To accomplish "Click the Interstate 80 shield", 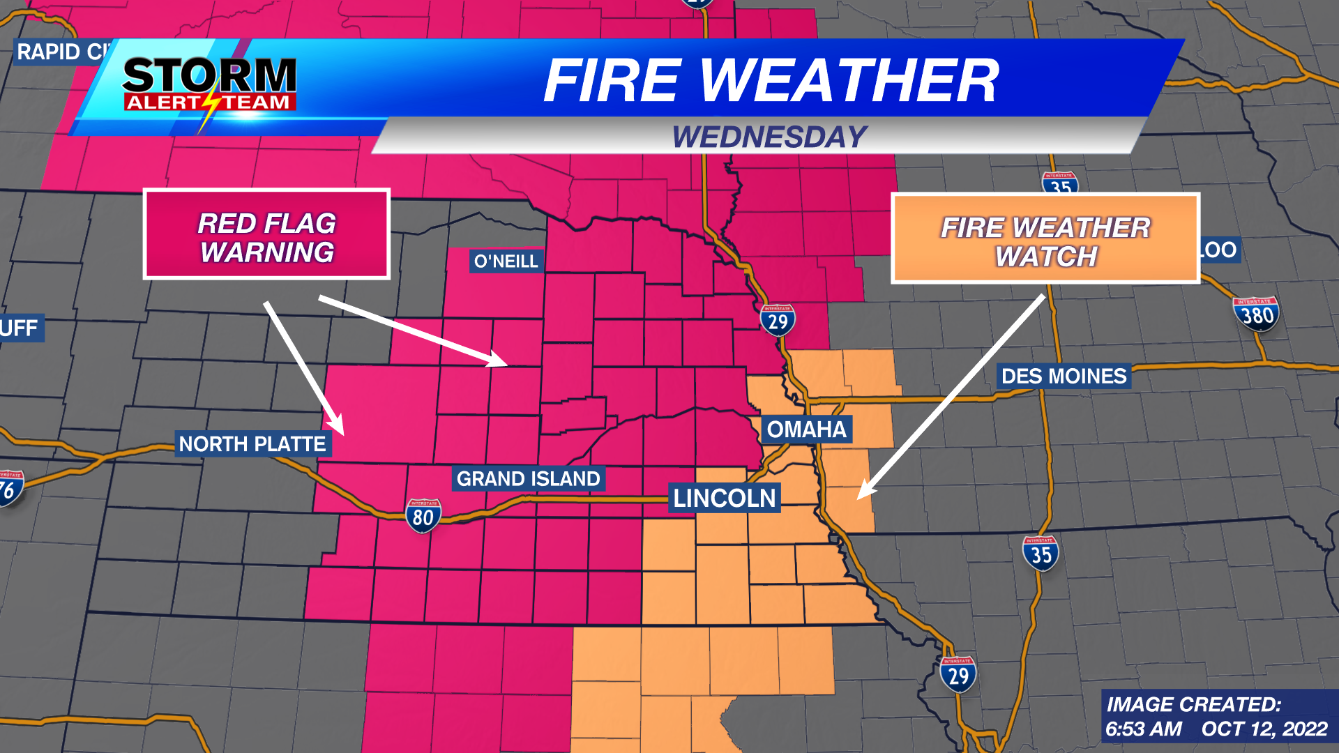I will pyautogui.click(x=423, y=516).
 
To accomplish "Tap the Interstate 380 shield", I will pyautogui.click(x=1256, y=314).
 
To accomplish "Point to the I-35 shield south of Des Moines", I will pyautogui.click(x=1041, y=554).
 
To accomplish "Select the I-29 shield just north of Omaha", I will pyautogui.click(x=778, y=321).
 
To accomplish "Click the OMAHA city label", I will pyautogui.click(x=806, y=429).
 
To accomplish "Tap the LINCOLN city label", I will pyautogui.click(x=724, y=498).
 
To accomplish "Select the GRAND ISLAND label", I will pyautogui.click(x=528, y=478).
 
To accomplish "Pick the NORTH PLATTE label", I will pyautogui.click(x=252, y=443).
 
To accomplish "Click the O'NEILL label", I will pyautogui.click(x=506, y=261).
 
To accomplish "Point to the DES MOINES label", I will pyautogui.click(x=1064, y=376).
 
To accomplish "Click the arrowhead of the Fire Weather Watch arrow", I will pyautogui.click(x=863, y=492).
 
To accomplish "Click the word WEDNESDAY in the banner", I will pyautogui.click(x=769, y=137).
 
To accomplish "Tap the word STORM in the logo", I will pyautogui.click(x=210, y=75).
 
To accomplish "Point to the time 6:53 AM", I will pyautogui.click(x=1143, y=729).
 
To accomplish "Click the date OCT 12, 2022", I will pyautogui.click(x=1264, y=729).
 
